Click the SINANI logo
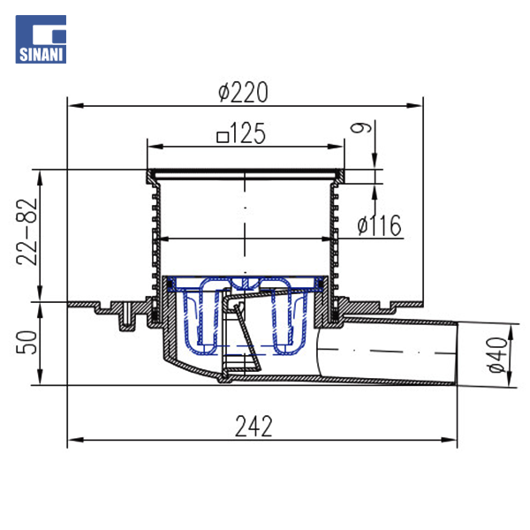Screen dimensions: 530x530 (x=41, y=39)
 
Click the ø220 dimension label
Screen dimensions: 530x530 (x=243, y=92)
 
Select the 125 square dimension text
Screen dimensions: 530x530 (x=241, y=134)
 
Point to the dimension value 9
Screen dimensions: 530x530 (x=360, y=127)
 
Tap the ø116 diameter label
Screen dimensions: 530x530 (x=379, y=224)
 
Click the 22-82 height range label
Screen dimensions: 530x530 (x=26, y=231)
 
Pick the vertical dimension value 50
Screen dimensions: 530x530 (x=26, y=343)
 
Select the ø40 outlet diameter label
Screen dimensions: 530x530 (x=498, y=355)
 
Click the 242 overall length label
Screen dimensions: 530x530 (x=254, y=427)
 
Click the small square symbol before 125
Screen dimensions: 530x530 (x=223, y=137)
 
